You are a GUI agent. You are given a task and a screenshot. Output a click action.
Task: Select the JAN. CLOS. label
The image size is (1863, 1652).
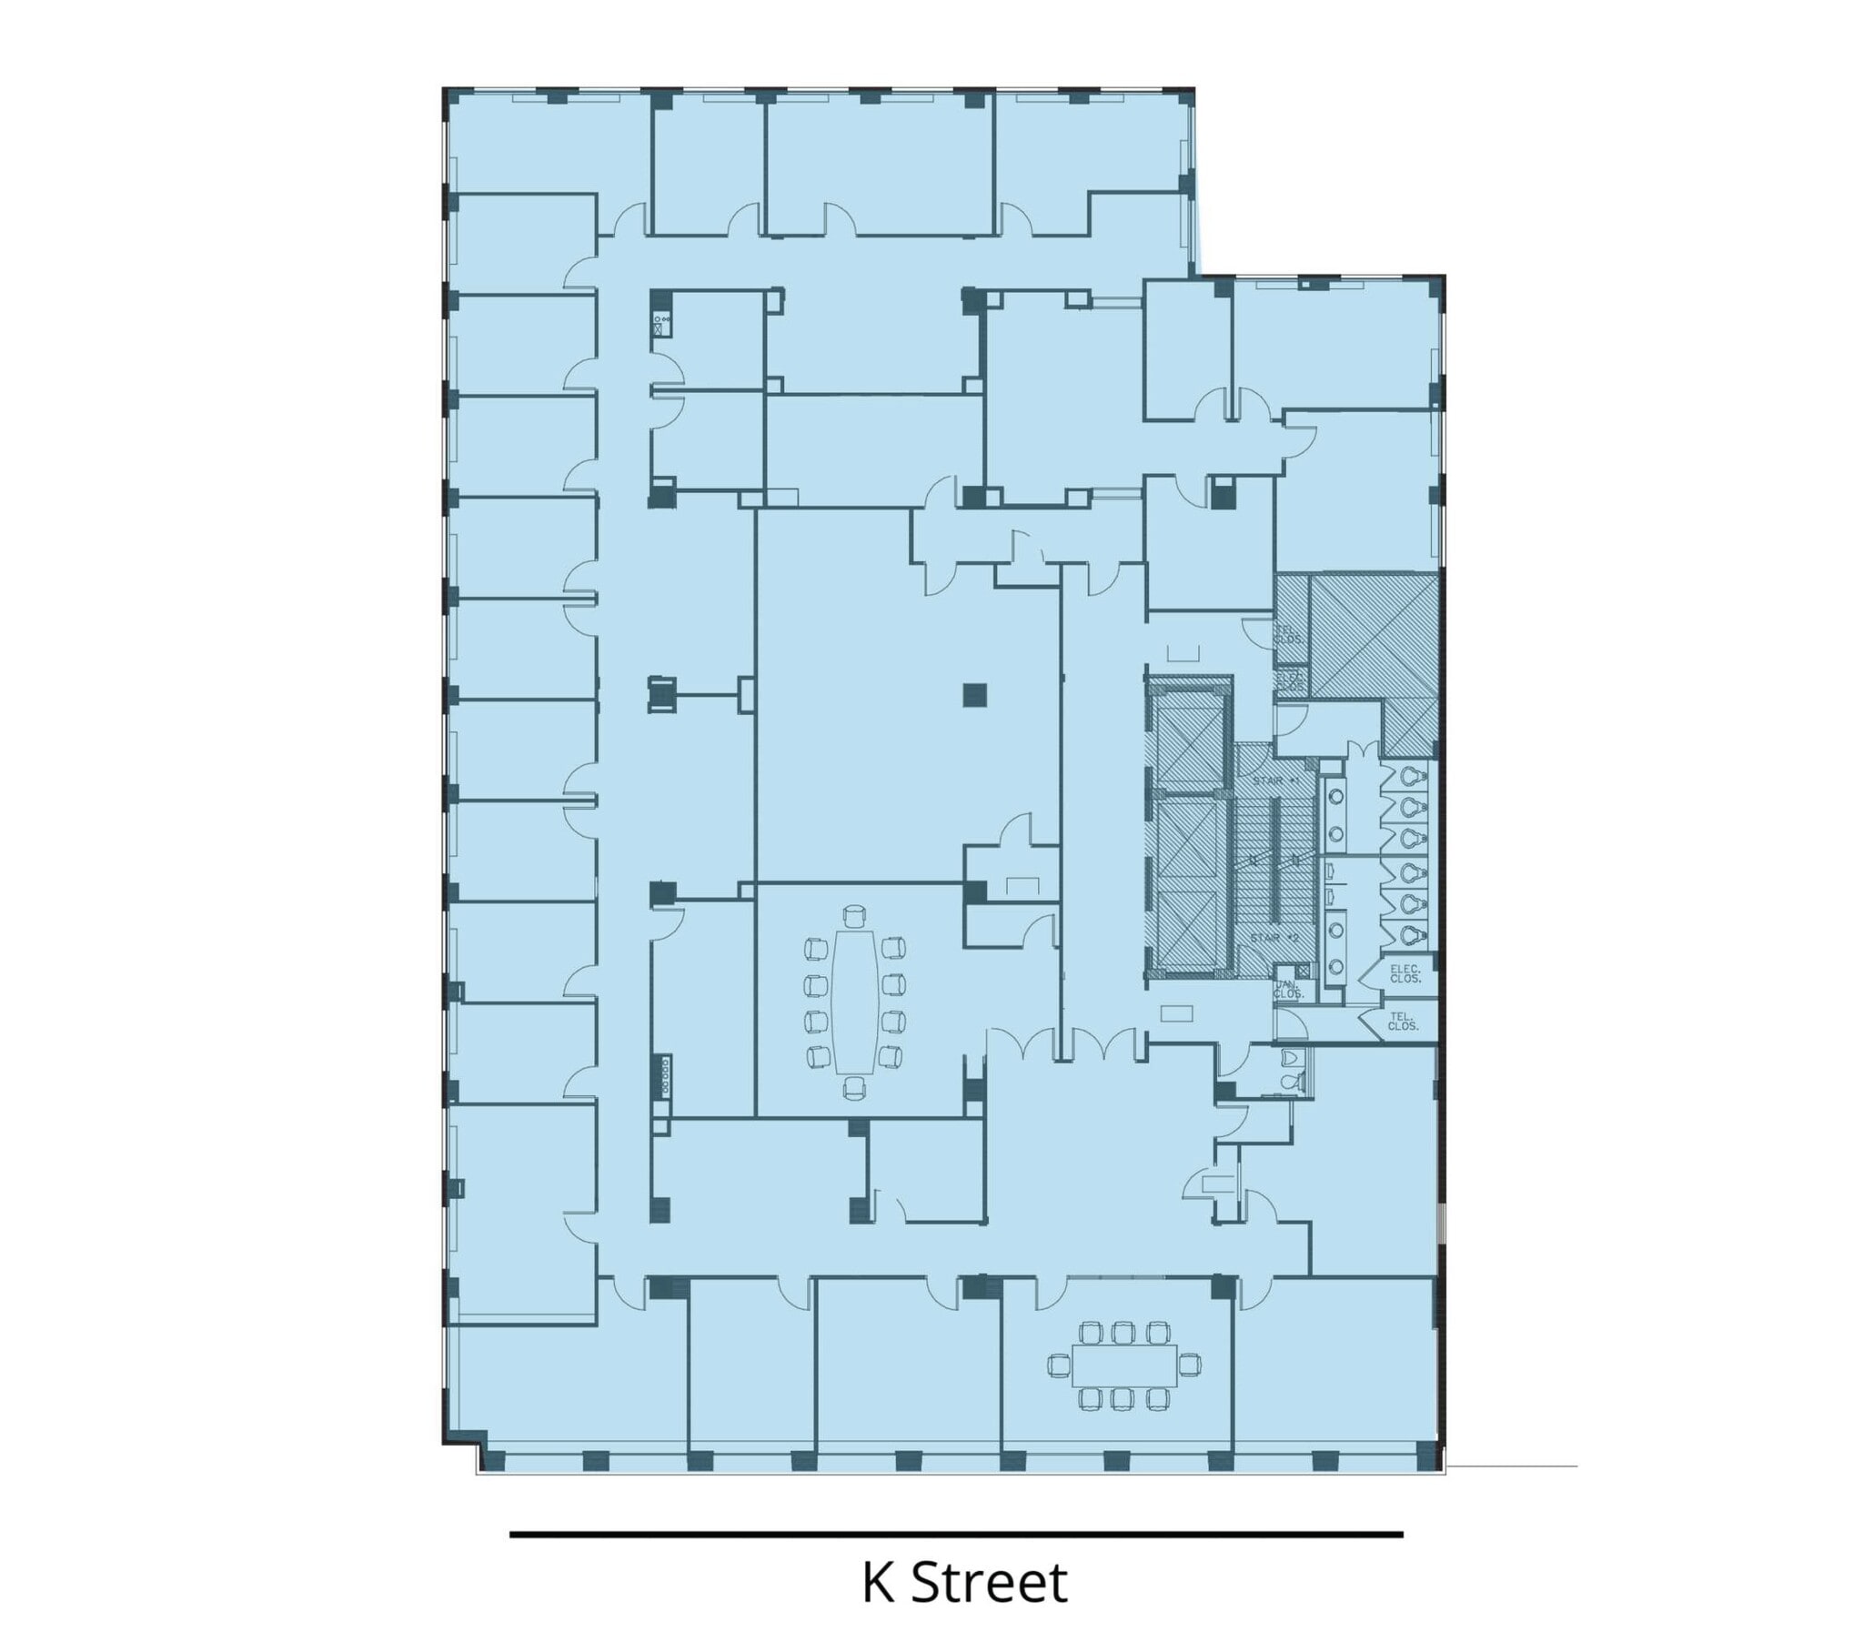(x=1287, y=989)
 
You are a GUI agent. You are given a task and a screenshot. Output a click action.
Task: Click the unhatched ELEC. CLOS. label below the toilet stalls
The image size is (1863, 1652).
(x=1405, y=973)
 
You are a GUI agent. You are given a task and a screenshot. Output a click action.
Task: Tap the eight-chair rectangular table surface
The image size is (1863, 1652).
(x=1123, y=1365)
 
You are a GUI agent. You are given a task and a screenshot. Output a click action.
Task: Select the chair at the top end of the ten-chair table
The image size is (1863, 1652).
(x=854, y=915)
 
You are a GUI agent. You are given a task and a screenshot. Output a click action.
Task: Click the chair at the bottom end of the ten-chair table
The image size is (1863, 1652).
(x=854, y=1086)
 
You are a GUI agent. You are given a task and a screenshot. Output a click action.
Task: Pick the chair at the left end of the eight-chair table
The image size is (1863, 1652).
(x=1058, y=1365)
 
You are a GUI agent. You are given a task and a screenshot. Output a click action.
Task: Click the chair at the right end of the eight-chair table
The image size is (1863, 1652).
(x=1190, y=1365)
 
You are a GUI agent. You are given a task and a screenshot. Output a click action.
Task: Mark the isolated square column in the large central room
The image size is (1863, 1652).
(x=974, y=695)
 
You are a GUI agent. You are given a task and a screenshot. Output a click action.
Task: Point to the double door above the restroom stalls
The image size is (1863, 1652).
(x=1365, y=750)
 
